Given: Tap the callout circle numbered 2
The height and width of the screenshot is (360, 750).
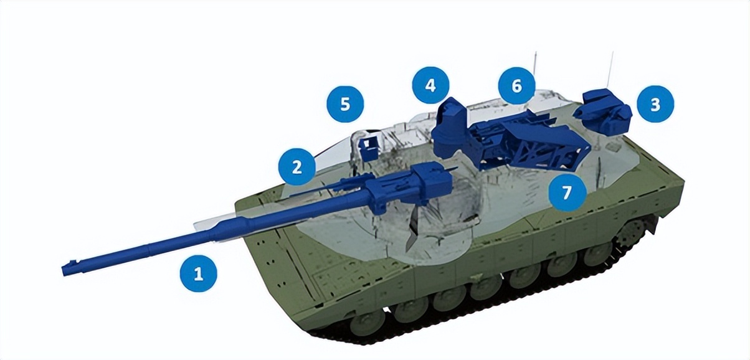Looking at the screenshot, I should click(x=297, y=167).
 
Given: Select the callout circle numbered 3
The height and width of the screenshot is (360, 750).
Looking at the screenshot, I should click(x=655, y=104).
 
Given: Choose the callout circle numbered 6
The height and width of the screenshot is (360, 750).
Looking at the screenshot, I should click(x=516, y=85).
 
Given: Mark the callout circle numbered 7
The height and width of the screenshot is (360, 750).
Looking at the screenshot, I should click(x=566, y=192).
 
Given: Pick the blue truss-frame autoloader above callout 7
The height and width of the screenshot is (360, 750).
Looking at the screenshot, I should click(x=529, y=143).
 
